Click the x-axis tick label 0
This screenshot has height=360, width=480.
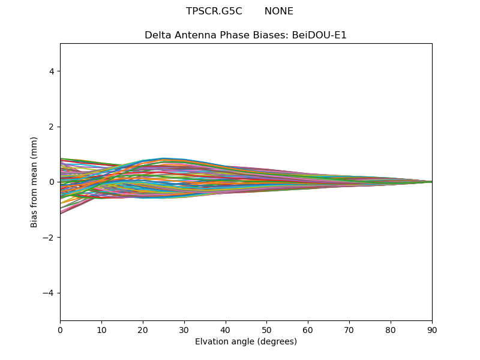[60, 329]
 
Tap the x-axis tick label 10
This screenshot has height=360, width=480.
[101, 329]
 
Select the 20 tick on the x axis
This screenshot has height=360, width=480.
[143, 329]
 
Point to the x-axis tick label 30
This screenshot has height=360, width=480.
[184, 329]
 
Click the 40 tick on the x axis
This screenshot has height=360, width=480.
[226, 329]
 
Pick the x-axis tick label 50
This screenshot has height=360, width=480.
[266, 329]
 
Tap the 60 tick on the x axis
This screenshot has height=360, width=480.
[308, 329]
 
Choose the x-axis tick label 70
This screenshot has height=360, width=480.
[349, 329]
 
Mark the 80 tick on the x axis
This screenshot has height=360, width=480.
[391, 329]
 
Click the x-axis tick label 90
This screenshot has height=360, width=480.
[432, 329]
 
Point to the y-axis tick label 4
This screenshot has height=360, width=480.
[52, 71]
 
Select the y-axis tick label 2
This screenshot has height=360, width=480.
[52, 127]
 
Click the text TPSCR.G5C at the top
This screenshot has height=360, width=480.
[214, 11]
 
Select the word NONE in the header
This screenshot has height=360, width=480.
[279, 11]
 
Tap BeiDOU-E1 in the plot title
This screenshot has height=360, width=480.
[319, 35]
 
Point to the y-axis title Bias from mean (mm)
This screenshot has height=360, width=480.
[35, 182]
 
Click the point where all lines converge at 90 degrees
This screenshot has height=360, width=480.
[431, 182]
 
